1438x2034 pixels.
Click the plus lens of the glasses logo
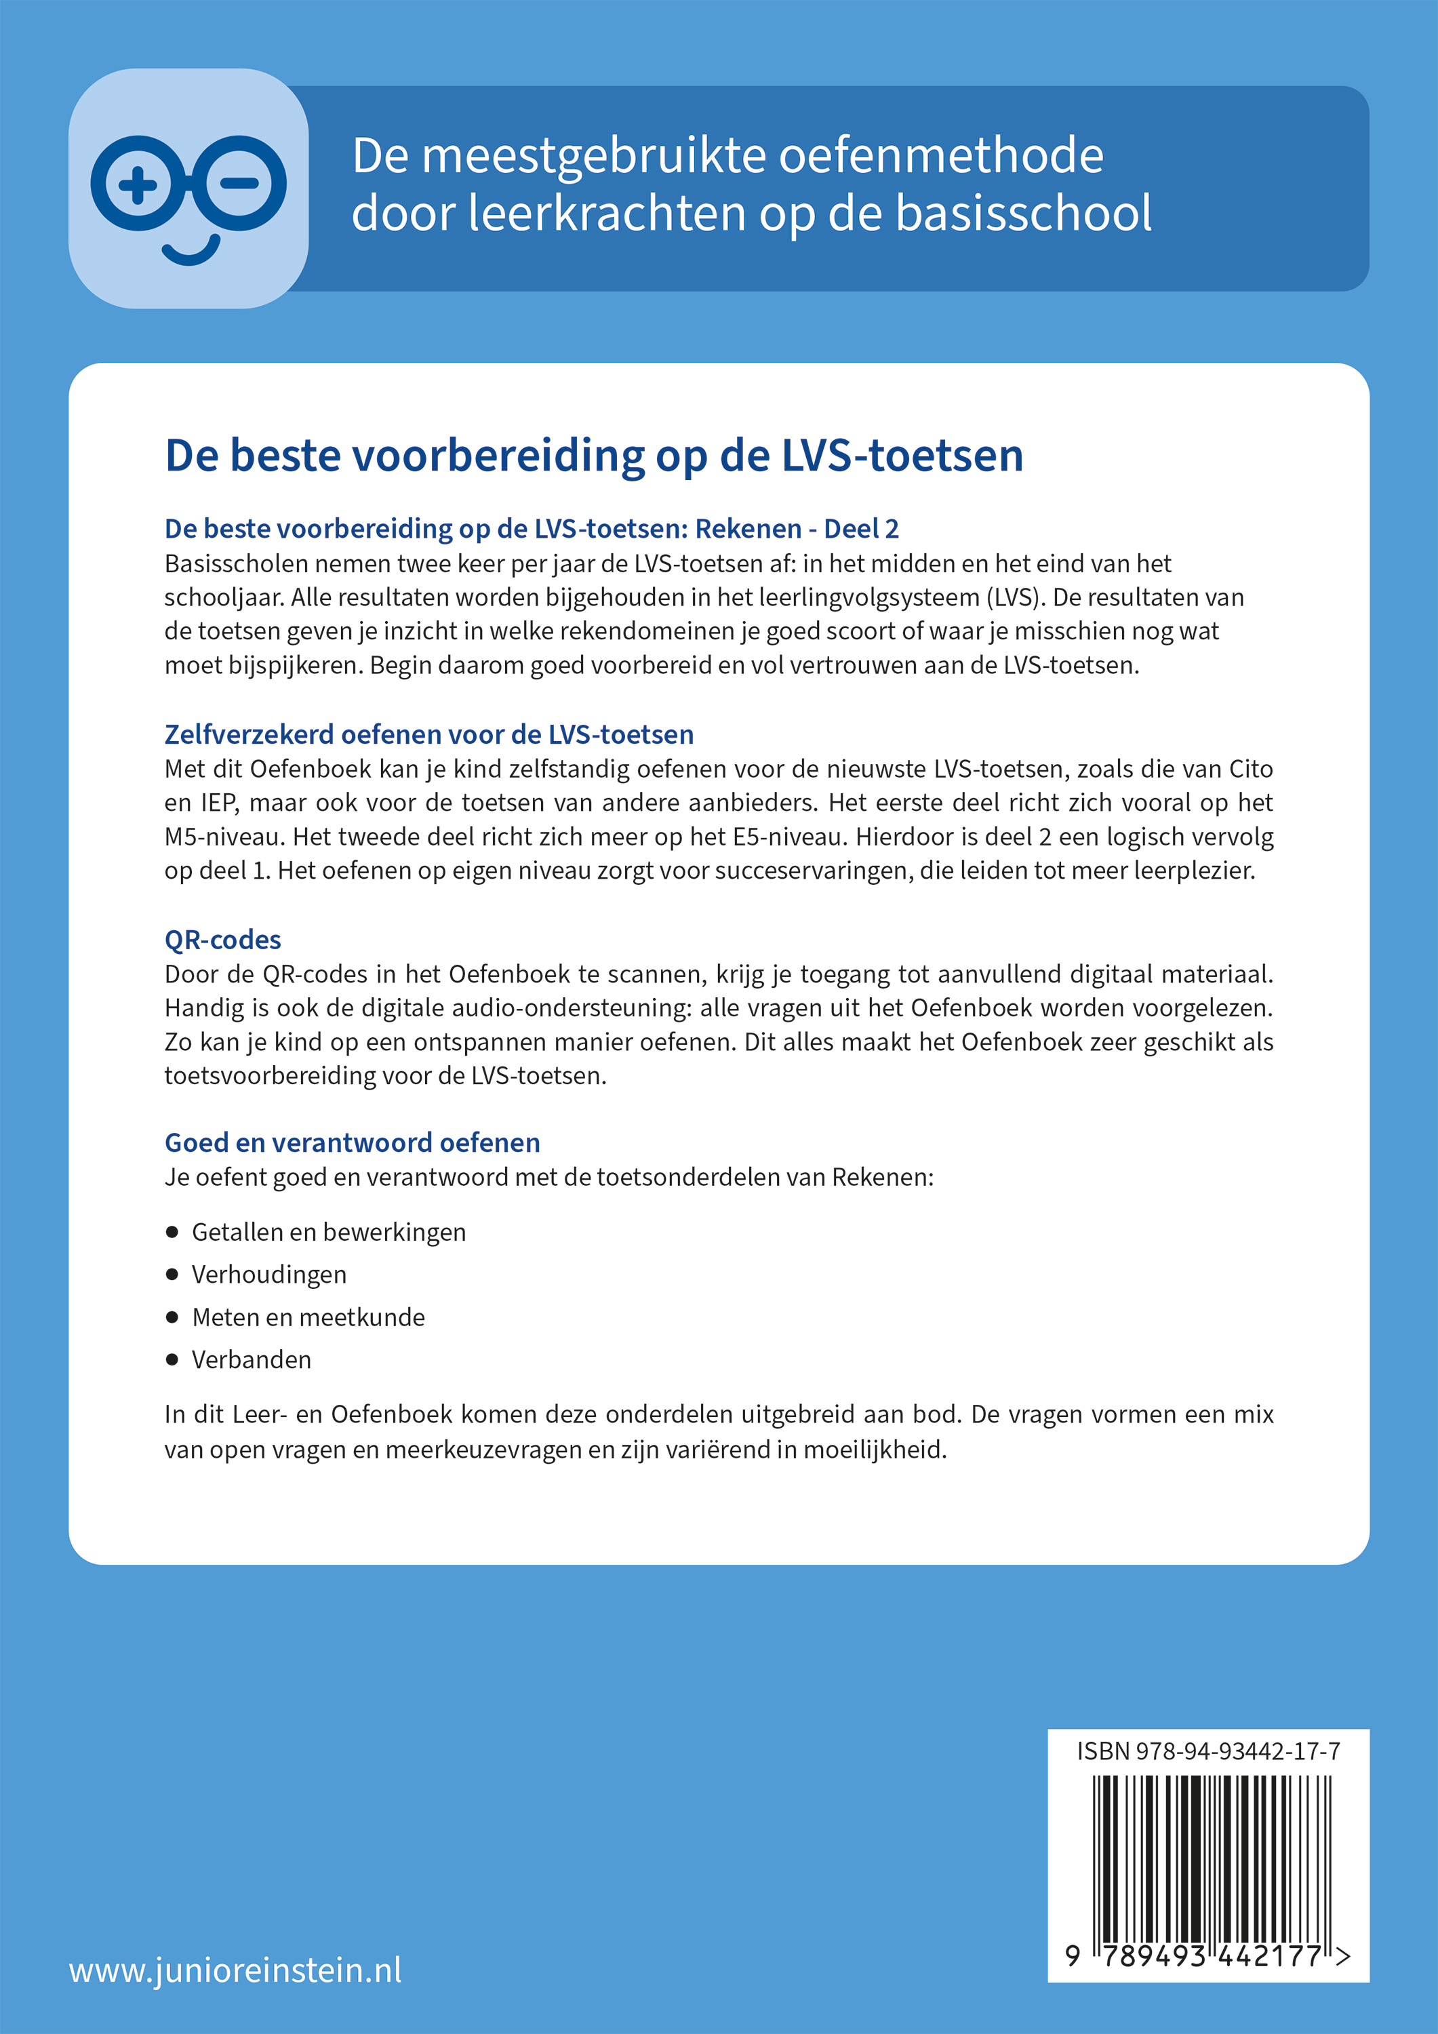point(138,184)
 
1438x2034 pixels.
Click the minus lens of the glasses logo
point(240,184)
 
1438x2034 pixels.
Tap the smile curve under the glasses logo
point(191,252)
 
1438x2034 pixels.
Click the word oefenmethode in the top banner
point(941,156)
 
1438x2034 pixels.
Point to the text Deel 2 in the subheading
point(861,529)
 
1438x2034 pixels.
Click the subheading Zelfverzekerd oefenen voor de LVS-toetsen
point(429,734)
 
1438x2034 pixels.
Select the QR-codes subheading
point(222,939)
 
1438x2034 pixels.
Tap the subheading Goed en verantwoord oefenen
point(352,1143)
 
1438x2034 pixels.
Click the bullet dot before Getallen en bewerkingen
point(172,1231)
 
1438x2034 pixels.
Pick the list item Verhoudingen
point(268,1274)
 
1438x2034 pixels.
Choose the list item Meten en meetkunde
point(307,1317)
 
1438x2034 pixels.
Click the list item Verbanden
point(251,1359)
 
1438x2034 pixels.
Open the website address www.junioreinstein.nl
point(235,1970)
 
